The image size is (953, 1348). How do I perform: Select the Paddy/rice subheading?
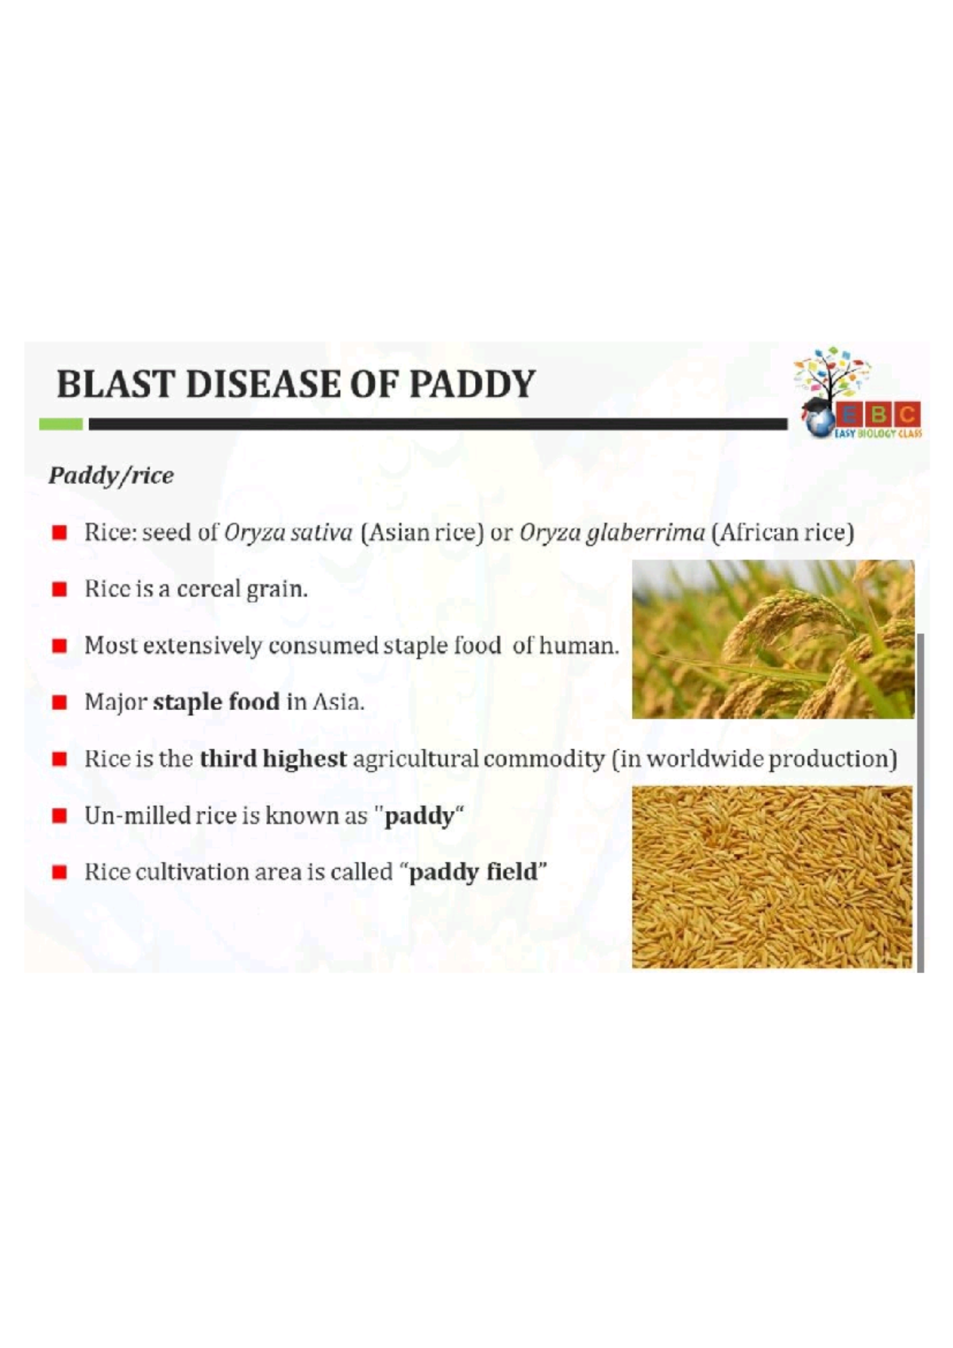tap(111, 476)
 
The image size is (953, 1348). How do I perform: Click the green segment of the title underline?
tap(61, 424)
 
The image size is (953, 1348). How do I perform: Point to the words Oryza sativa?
tap(288, 532)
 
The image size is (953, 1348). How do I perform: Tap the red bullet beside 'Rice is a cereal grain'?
tap(60, 589)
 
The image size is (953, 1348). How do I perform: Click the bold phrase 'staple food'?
tap(216, 702)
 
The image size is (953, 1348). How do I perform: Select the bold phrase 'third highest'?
tap(273, 759)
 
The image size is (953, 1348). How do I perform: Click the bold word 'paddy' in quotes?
tap(419, 816)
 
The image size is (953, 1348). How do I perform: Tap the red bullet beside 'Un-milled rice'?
tap(60, 816)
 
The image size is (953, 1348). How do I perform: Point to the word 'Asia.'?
tap(338, 702)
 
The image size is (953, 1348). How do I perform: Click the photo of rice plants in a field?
tap(773, 639)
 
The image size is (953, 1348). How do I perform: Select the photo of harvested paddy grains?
tap(772, 877)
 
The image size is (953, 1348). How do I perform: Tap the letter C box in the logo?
tap(907, 414)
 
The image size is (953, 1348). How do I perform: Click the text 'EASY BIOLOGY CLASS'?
tap(878, 434)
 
